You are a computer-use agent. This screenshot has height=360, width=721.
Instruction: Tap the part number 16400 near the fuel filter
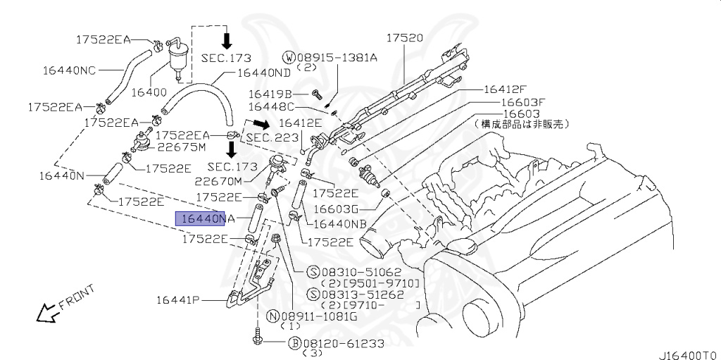tap(149, 92)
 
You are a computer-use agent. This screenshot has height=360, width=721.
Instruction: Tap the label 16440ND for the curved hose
tap(263, 73)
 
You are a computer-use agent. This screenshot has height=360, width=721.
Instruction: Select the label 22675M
tap(182, 147)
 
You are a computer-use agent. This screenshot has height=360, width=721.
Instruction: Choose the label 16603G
tap(336, 209)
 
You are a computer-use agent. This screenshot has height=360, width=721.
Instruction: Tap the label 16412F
tap(505, 89)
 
